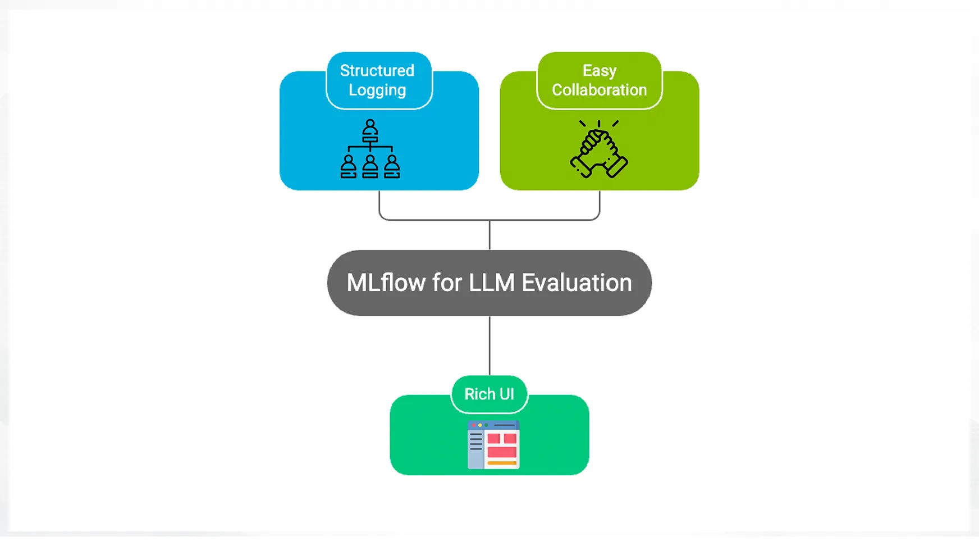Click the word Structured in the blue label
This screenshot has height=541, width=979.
(377, 71)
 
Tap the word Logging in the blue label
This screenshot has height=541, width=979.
(377, 90)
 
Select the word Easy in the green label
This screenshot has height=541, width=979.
(599, 71)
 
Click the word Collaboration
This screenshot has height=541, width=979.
(599, 90)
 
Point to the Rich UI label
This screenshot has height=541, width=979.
(489, 394)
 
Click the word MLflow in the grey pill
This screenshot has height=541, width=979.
(386, 283)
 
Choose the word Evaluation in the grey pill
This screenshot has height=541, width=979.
(577, 283)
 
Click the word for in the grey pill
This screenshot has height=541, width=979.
(447, 283)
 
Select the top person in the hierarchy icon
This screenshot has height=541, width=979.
(370, 130)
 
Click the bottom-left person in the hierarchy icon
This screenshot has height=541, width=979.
(349, 167)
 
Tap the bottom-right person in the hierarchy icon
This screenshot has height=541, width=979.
(392, 167)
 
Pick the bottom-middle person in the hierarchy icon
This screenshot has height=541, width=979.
(370, 167)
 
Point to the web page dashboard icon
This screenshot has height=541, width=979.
(493, 444)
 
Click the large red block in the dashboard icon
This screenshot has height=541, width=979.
(502, 452)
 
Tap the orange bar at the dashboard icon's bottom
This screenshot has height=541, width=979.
(502, 463)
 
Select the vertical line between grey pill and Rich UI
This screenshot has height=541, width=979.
(490, 345)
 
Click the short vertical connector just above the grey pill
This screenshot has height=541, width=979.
(490, 235)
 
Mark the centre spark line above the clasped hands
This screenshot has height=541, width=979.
(599, 124)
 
